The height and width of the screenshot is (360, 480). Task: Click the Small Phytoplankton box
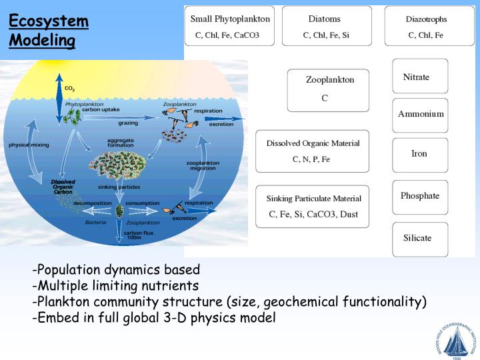click(x=229, y=26)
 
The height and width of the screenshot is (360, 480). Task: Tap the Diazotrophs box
click(x=425, y=26)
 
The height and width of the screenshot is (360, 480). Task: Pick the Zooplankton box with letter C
click(x=328, y=89)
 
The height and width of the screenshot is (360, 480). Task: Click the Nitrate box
click(x=420, y=77)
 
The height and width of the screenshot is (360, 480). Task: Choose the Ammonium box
click(x=420, y=114)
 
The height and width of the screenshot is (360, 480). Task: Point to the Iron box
click(x=420, y=154)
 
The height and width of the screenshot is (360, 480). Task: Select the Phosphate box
click(x=420, y=196)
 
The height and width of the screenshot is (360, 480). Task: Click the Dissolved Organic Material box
click(x=312, y=151)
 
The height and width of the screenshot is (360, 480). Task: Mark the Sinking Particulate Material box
click(x=313, y=206)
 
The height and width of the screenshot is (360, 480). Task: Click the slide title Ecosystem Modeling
click(x=49, y=31)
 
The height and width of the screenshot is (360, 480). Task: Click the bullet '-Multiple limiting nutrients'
click(x=115, y=286)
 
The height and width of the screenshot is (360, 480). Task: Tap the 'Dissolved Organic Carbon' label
click(x=63, y=187)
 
